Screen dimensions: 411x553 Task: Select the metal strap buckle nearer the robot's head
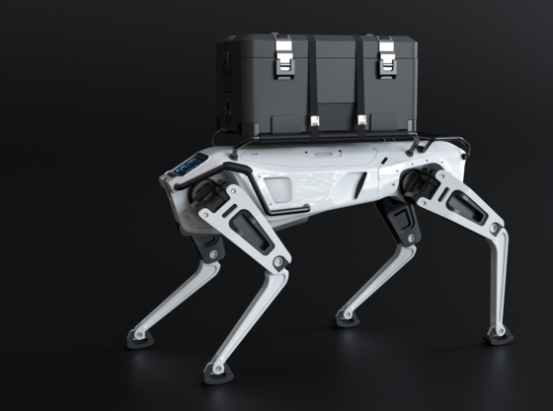coord(313,122)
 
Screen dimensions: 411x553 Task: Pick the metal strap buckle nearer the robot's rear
coord(361,121)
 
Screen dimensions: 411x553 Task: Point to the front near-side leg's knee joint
coord(279,262)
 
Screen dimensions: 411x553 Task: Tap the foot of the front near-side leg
coord(216,374)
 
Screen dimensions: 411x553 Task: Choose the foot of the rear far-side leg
coord(347,318)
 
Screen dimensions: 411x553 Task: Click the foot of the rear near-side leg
coord(499,334)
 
